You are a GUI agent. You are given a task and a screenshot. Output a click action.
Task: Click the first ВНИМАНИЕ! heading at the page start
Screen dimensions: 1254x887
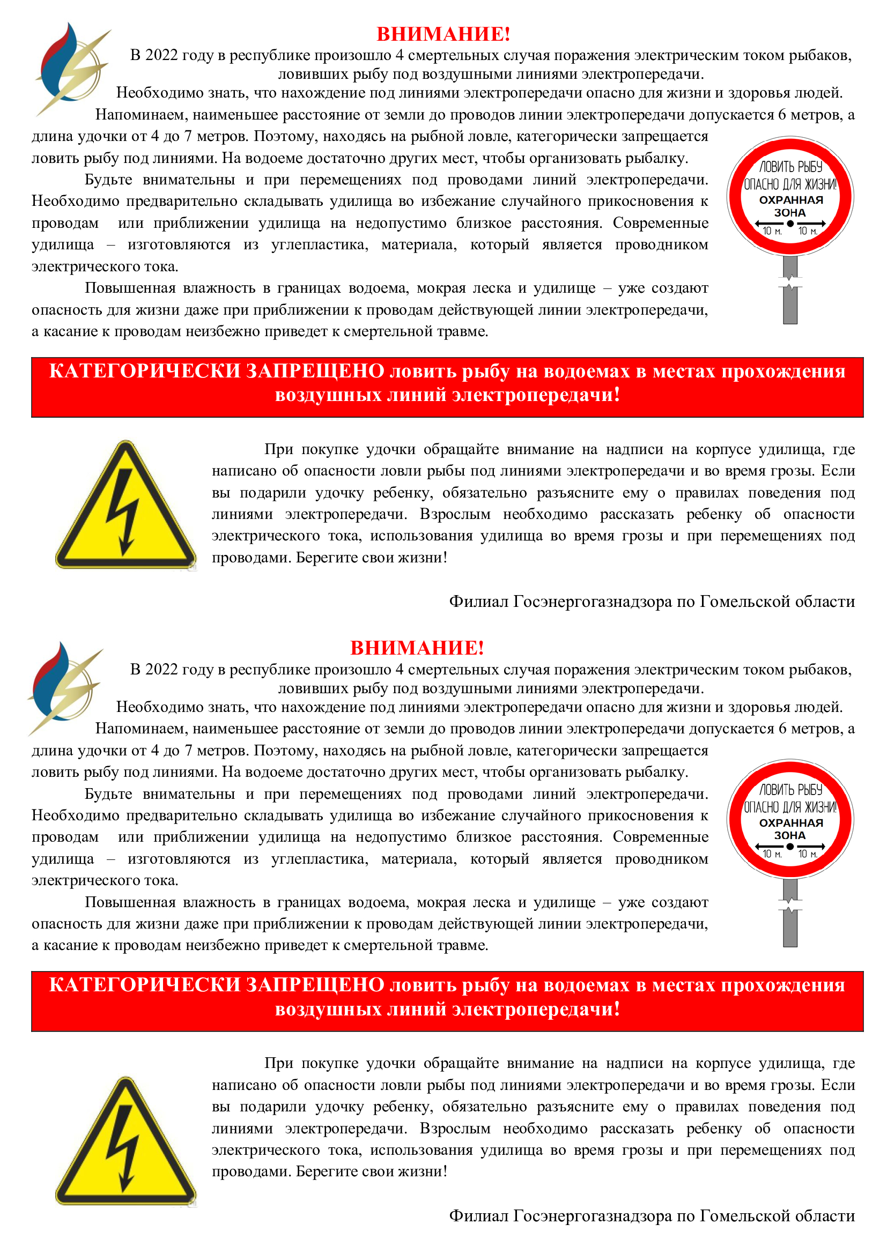point(443,34)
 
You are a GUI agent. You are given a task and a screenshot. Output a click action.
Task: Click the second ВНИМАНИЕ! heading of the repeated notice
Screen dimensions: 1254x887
point(417,648)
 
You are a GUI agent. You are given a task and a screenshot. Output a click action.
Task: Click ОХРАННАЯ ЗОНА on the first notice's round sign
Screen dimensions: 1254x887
point(790,206)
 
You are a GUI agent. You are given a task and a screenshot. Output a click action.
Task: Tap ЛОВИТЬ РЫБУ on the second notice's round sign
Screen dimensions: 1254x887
point(790,790)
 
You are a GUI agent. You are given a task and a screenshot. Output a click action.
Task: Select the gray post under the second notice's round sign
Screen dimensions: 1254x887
point(790,913)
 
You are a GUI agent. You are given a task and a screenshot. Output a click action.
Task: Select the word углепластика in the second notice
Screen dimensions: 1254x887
point(320,859)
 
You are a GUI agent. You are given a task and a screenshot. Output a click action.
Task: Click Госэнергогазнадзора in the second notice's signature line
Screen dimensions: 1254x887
point(592,1216)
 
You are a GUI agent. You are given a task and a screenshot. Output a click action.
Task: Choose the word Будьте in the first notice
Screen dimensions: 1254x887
point(108,180)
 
